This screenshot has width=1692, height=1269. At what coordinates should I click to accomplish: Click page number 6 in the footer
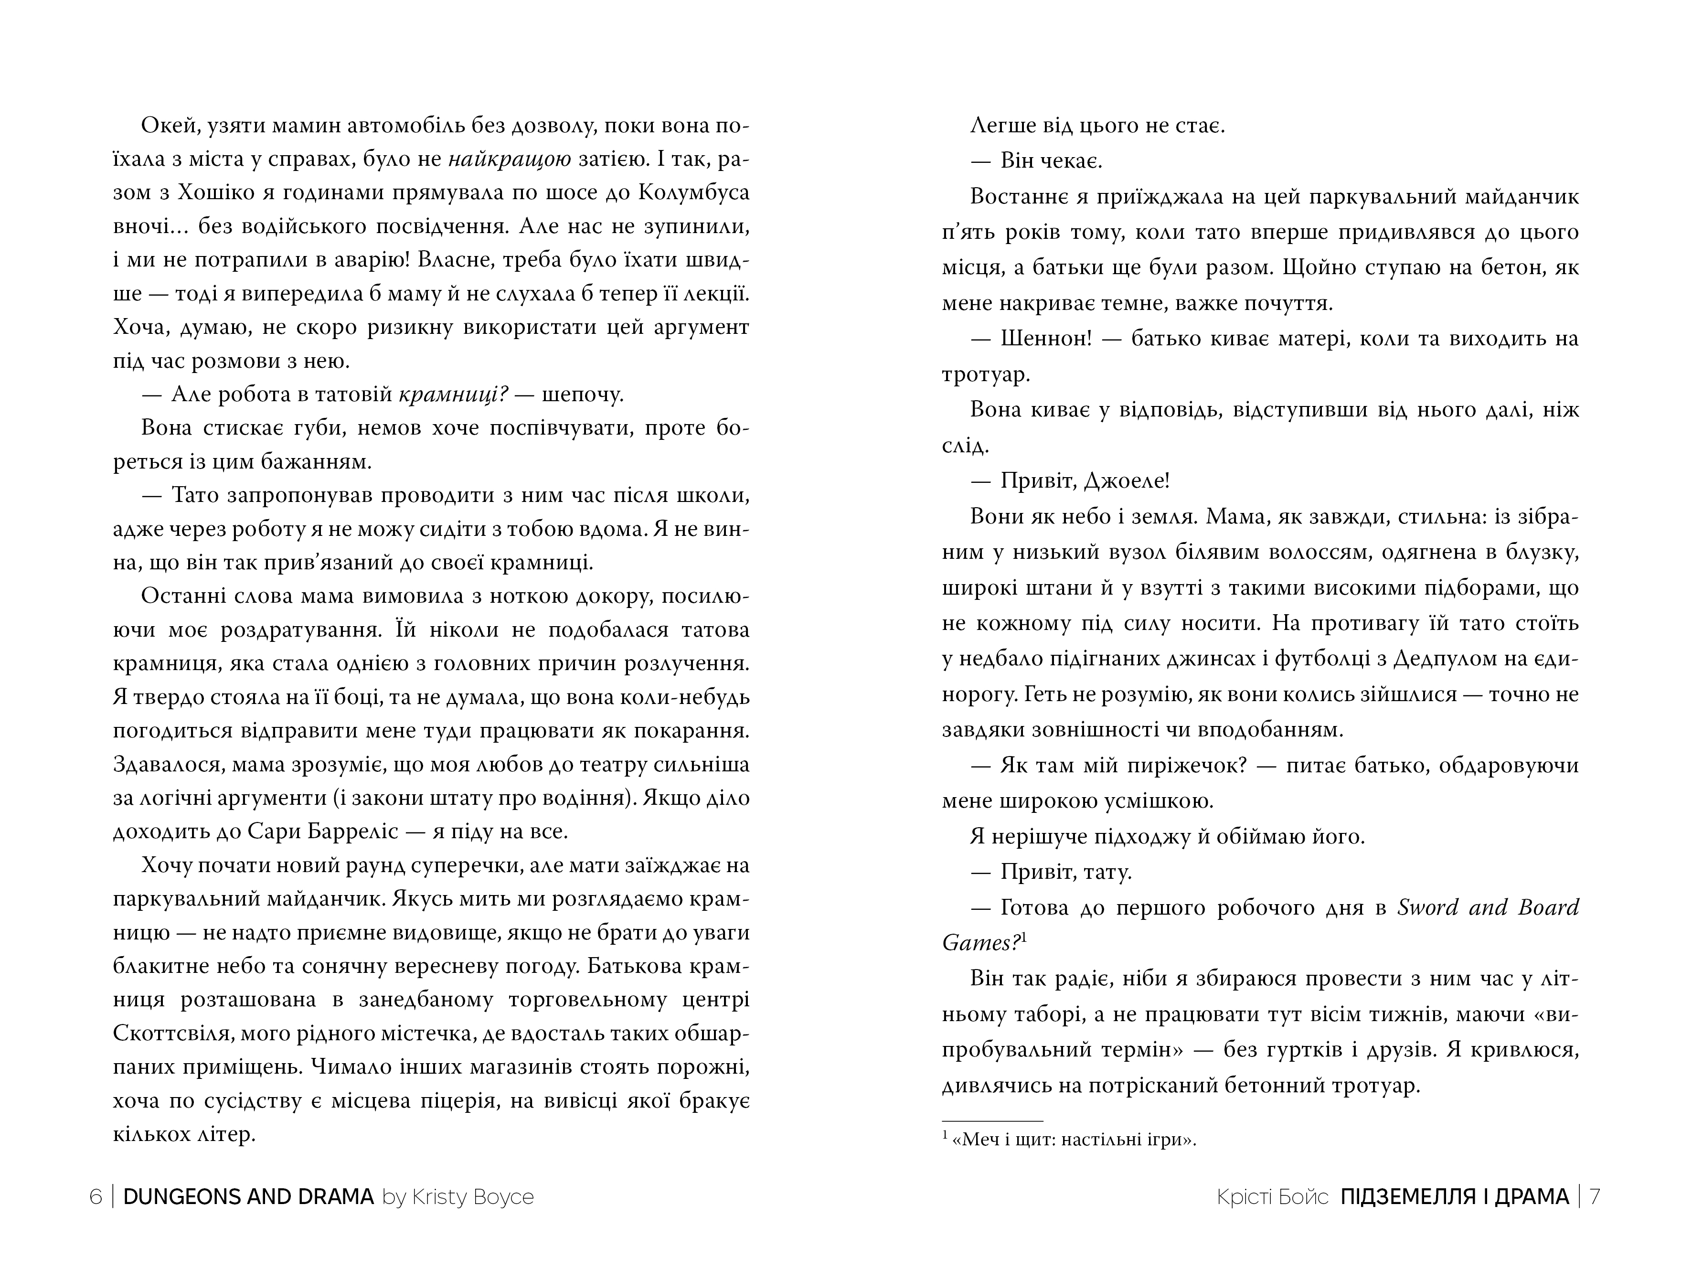coord(96,1197)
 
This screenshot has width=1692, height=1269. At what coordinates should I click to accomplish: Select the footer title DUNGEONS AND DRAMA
coord(248,1197)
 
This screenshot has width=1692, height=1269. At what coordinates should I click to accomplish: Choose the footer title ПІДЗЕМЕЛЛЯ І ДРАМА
coord(1454,1197)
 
